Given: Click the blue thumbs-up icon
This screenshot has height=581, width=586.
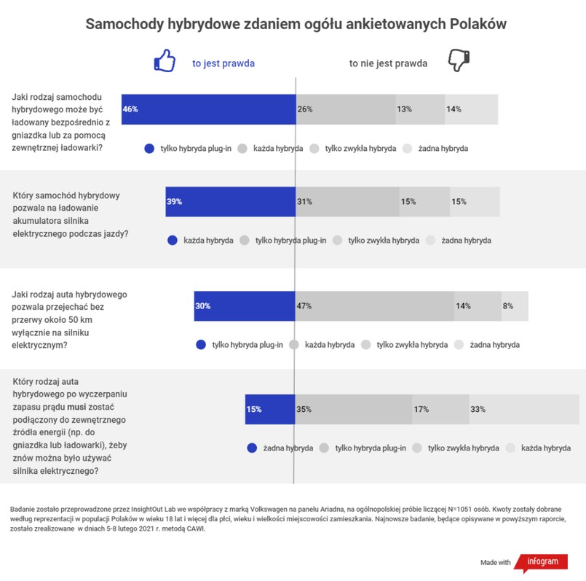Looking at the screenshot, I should [x=165, y=61].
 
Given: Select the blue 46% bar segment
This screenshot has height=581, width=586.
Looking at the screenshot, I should [x=208, y=109].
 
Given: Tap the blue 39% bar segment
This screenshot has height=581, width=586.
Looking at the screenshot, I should [x=230, y=201].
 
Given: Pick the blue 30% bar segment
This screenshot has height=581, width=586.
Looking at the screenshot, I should [x=245, y=306].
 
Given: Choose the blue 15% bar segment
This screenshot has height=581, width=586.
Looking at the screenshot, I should [x=269, y=409].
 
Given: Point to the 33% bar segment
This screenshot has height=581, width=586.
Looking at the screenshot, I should [x=483, y=409].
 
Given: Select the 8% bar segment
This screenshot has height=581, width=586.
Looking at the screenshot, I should [x=515, y=306].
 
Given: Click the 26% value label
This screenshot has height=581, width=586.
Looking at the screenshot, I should [x=305, y=109].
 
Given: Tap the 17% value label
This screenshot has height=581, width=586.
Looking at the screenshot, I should [x=421, y=409].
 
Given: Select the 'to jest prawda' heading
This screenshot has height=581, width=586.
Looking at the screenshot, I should [x=223, y=63].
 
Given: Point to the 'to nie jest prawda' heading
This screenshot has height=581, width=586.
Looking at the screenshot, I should [x=388, y=63].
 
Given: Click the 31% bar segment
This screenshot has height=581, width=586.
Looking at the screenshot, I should [x=347, y=201].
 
